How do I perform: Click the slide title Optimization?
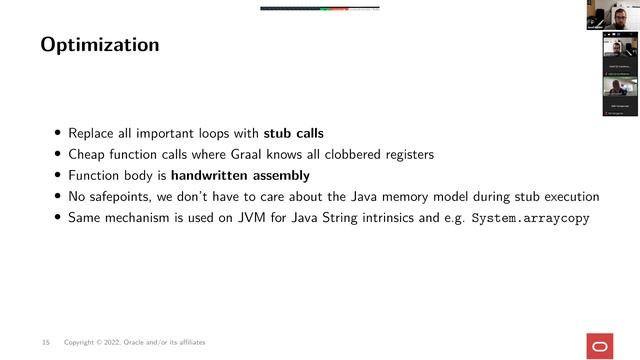click(x=99, y=45)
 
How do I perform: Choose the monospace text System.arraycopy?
click(x=530, y=217)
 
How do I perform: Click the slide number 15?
click(x=46, y=343)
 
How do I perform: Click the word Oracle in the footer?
click(x=150, y=343)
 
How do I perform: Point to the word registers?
click(x=404, y=154)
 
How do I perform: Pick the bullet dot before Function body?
click(x=59, y=175)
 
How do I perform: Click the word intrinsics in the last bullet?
click(x=384, y=217)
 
